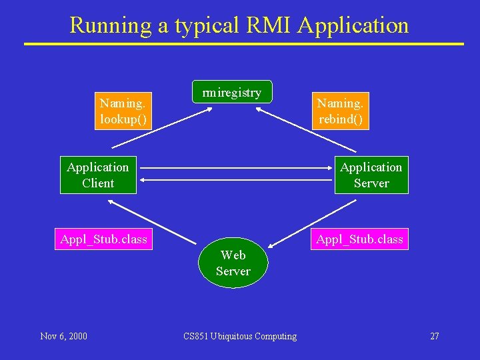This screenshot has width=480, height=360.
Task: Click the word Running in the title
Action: click(101, 25)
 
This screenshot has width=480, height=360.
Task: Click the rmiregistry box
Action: click(231, 93)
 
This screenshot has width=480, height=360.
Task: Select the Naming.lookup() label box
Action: click(123, 111)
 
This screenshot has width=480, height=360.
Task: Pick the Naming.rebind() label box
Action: click(340, 111)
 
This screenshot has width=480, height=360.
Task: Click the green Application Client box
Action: click(98, 175)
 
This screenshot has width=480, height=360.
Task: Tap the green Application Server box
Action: click(371, 175)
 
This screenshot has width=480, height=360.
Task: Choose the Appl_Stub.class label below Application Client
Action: click(103, 239)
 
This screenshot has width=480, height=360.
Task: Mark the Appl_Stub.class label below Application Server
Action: click(359, 239)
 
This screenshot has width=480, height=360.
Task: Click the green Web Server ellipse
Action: click(233, 263)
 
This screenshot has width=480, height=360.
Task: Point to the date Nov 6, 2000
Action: click(63, 336)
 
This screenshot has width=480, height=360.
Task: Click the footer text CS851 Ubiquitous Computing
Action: click(240, 336)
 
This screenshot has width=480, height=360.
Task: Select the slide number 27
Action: click(434, 336)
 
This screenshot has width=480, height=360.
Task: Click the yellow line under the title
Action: click(243, 44)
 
